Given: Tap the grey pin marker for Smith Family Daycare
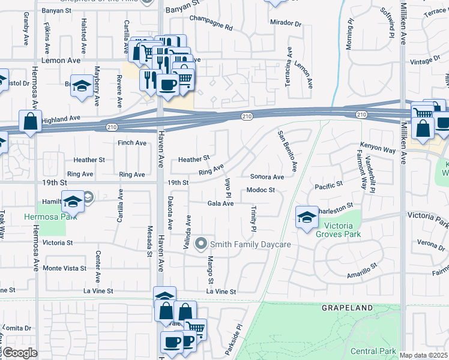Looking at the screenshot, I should (202, 244).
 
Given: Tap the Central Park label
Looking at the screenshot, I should (373, 351).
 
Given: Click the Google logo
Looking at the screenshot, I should (20, 352).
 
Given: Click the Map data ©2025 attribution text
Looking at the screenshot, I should (423, 355).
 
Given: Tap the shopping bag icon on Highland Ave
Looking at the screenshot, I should (30, 122).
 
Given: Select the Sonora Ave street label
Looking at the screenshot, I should (267, 178).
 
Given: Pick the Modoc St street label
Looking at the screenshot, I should (261, 190).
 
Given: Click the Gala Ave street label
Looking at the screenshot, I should (220, 203).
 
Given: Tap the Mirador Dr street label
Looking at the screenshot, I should (286, 23).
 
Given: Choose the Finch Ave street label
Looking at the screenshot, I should (132, 143).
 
